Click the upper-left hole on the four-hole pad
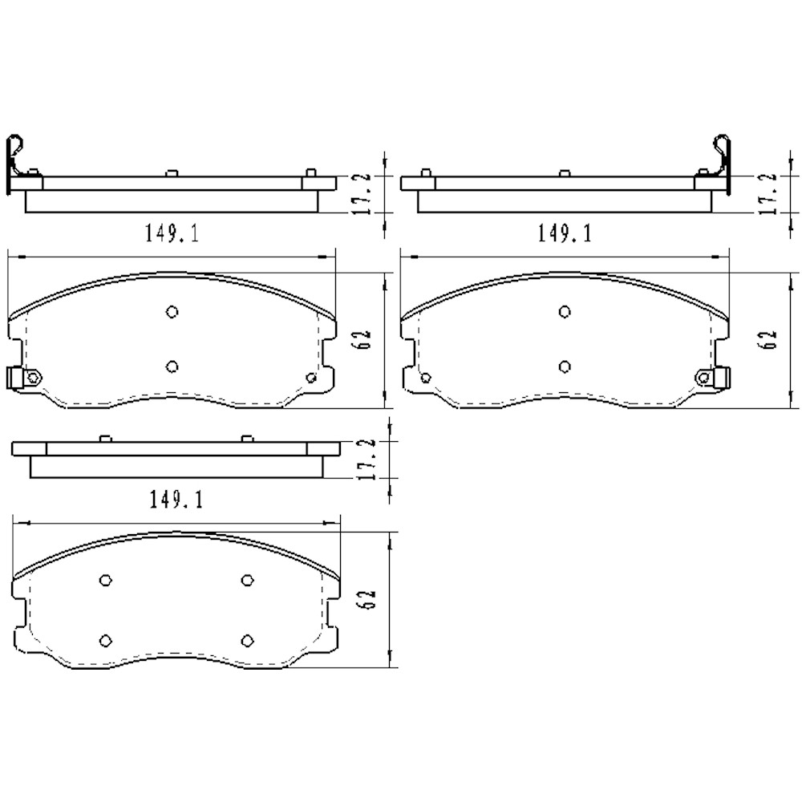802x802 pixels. [106, 580]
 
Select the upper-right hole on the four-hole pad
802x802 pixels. [248, 580]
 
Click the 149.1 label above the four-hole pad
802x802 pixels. [176, 500]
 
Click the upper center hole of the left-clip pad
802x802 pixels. [172, 312]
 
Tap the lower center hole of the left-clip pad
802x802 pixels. [172, 367]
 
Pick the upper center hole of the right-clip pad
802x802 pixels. [565, 312]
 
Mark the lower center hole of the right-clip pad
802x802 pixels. [565, 367]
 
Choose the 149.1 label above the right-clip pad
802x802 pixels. [564, 233]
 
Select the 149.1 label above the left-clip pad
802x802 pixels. [172, 233]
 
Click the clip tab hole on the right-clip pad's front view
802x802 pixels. [705, 377]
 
